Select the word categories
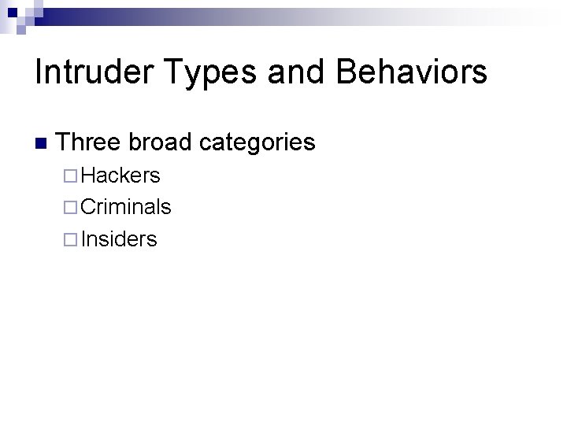pyautogui.click(x=257, y=143)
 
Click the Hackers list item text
pyautogui.click(x=120, y=175)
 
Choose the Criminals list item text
pyautogui.click(x=126, y=207)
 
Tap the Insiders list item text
pyautogui.click(x=119, y=239)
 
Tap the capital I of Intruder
pyautogui.click(x=39, y=72)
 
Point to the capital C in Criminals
pyautogui.click(x=88, y=207)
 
